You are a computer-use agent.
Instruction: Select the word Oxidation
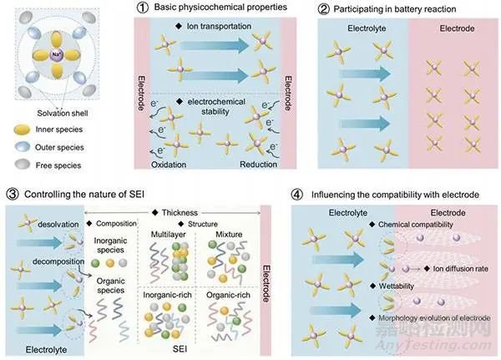click(x=173, y=165)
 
